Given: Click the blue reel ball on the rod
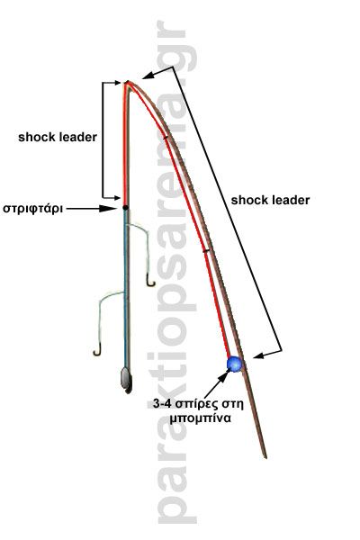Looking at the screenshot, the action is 235,364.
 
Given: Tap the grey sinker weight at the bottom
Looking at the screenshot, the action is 126,380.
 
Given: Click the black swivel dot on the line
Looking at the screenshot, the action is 126,208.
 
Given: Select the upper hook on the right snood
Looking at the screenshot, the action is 150,283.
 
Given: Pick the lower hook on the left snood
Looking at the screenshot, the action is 97,352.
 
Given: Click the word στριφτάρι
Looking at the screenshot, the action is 32,209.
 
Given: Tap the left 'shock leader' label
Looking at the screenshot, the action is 58,137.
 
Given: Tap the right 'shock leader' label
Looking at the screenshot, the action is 270,200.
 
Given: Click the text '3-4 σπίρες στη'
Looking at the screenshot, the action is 198,403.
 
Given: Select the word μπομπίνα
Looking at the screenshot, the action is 199,418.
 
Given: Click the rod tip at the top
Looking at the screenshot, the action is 128,82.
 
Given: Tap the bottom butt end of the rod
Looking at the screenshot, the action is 265,457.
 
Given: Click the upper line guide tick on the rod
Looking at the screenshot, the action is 166,138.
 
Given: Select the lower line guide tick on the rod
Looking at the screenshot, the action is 206,251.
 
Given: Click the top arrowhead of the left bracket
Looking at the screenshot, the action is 116,83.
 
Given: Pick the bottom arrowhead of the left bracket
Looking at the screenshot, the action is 116,198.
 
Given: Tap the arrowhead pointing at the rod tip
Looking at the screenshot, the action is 148,76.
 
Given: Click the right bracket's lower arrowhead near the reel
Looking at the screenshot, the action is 259,355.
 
